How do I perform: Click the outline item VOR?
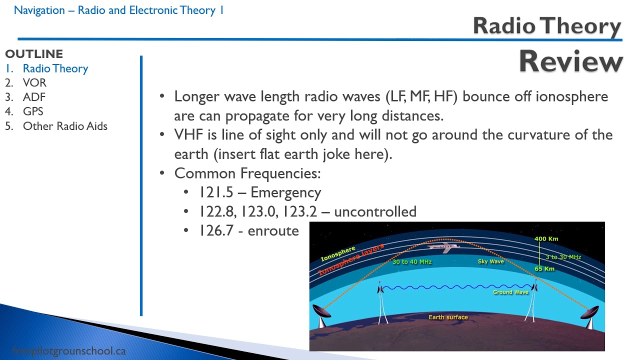click(34, 82)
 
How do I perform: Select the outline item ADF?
click(34, 97)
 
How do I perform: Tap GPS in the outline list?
click(33, 111)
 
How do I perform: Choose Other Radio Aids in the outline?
click(65, 126)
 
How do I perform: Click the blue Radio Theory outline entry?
click(55, 68)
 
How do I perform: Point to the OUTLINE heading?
click(34, 54)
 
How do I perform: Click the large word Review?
click(570, 61)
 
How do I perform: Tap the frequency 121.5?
click(216, 192)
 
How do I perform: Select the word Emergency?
click(285, 193)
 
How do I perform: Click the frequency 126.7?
click(216, 230)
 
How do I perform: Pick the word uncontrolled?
click(375, 211)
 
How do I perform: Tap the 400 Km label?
click(546, 238)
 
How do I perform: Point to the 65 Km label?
click(544, 268)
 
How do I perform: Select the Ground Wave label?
click(510, 292)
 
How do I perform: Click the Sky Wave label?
click(491, 261)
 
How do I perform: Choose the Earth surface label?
click(448, 317)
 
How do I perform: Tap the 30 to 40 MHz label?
click(412, 261)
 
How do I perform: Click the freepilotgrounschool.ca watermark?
click(69, 351)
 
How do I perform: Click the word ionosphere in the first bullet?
click(571, 96)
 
